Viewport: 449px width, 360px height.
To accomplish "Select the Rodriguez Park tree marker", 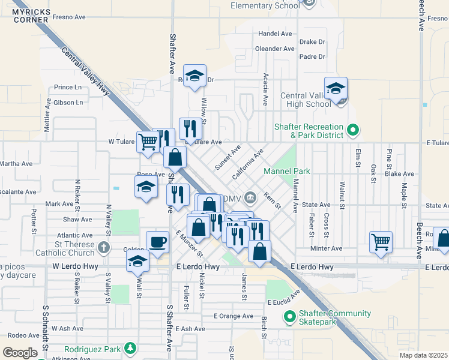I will (x=129, y=349).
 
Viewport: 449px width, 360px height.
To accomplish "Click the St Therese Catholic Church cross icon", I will (x=104, y=247).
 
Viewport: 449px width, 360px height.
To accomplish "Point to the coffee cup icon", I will (x=157, y=242).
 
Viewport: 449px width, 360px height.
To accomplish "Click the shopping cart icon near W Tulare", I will (x=147, y=142).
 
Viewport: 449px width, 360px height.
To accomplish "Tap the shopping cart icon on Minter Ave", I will (x=381, y=242).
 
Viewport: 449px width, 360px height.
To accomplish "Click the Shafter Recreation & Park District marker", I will (x=354, y=129).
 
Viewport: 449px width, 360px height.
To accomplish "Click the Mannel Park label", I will (x=287, y=171).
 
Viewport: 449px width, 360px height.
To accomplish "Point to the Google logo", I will (x=20, y=352).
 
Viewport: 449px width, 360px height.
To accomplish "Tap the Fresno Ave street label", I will (x=69, y=17).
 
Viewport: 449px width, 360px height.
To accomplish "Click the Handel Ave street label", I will (x=274, y=34).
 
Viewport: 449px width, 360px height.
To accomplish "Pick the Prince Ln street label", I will (x=67, y=87).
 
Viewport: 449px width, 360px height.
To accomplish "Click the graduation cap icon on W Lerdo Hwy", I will (x=137, y=260).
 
